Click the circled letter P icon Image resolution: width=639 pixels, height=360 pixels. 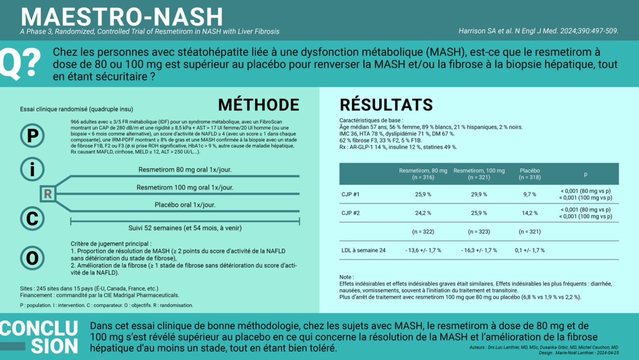pyautogui.click(x=32, y=136)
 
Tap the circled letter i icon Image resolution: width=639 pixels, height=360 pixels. pyautogui.click(x=32, y=169)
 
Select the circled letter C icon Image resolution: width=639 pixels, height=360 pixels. pyautogui.click(x=32, y=218)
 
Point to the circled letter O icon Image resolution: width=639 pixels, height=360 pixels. pyautogui.click(x=32, y=258)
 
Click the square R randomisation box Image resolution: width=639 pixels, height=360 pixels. pyautogui.click(x=48, y=194)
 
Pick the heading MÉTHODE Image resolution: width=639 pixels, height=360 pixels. pyautogui.click(x=259, y=105)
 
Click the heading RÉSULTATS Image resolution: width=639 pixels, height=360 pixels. pyautogui.click(x=386, y=105)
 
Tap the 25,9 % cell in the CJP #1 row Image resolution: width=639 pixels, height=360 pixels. pyautogui.click(x=423, y=194)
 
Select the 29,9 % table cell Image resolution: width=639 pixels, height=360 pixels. pyautogui.click(x=479, y=194)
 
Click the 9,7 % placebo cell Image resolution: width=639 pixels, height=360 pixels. pyautogui.click(x=529, y=194)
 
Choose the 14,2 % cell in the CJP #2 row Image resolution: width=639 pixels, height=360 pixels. pyautogui.click(x=529, y=213)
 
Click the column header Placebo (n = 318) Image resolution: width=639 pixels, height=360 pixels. pyautogui.click(x=529, y=174)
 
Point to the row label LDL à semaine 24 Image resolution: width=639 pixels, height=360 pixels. pyautogui.click(x=363, y=250)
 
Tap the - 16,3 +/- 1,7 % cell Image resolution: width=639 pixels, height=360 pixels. pyautogui.click(x=479, y=250)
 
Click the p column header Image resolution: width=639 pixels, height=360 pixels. pyautogui.click(x=585, y=174)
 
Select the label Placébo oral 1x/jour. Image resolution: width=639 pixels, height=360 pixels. pyautogui.click(x=185, y=205)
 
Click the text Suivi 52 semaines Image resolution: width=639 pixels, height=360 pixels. pyautogui.click(x=185, y=228)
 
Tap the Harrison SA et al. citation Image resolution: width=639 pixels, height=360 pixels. pyautogui.click(x=538, y=31)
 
